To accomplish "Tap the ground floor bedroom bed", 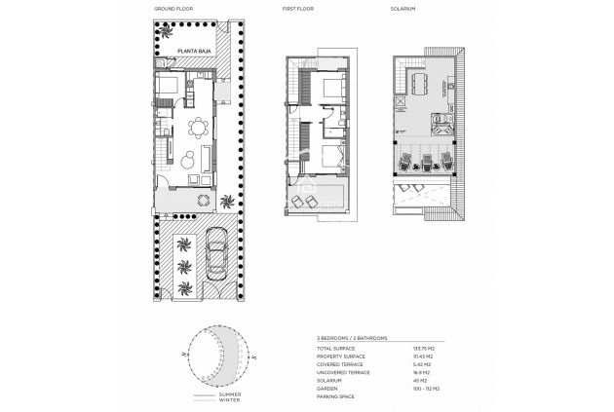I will point(166,86).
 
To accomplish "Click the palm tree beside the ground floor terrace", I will point(227,203).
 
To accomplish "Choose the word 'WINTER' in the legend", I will point(229,399).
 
